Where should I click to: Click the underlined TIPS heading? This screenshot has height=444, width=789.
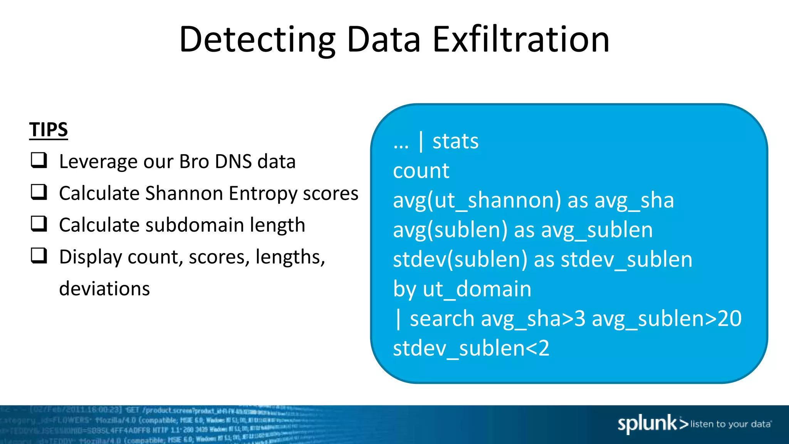tap(49, 129)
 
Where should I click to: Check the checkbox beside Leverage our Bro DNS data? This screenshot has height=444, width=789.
tap(39, 160)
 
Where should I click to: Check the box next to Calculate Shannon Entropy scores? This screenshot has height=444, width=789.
tap(39, 192)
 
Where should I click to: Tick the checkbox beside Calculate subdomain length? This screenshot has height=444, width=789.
tap(39, 224)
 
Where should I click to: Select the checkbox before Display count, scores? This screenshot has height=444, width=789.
tap(39, 256)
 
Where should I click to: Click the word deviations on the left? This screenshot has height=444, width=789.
tap(104, 288)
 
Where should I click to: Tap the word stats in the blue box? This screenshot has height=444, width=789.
tap(455, 141)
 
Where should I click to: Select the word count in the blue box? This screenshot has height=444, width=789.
tap(421, 171)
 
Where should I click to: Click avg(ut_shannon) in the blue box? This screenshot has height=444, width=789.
tap(477, 200)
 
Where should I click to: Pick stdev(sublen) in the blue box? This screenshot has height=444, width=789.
tap(460, 259)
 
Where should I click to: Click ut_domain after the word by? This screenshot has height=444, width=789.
tap(477, 289)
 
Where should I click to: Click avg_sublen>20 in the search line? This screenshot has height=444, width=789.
tap(666, 319)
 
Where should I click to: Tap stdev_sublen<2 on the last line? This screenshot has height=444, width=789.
tap(471, 348)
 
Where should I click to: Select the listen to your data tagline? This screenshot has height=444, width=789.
tap(730, 424)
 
